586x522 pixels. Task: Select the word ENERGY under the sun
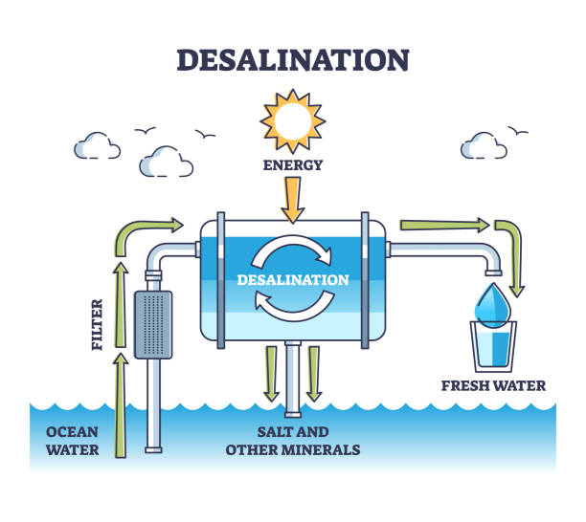point(294,164)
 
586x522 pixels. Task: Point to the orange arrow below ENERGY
point(294,199)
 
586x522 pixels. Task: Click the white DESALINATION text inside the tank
point(294,280)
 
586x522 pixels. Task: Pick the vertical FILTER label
point(98,324)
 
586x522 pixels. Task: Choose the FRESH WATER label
point(493,386)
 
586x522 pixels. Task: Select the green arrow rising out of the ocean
point(121,402)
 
